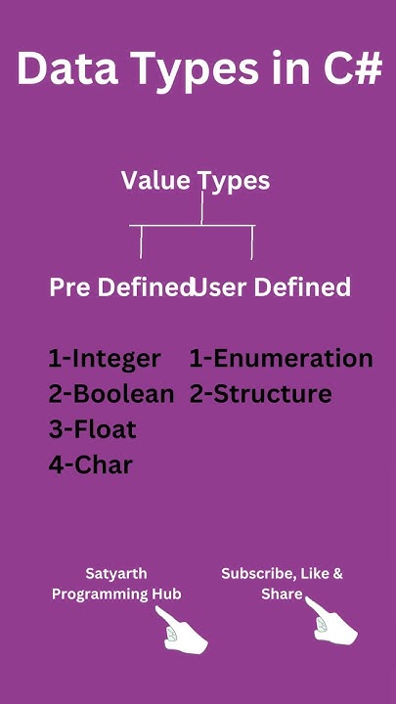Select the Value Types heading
point(196,180)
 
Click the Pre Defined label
point(119,287)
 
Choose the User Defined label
point(274,287)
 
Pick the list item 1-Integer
point(104,359)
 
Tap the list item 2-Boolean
point(110,394)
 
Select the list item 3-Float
point(92,429)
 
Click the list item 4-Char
point(90,464)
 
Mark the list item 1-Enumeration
point(281,359)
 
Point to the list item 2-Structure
point(260,394)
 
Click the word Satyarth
point(115,574)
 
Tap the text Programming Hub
point(115,594)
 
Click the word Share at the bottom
point(281,594)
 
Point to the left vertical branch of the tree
point(141,242)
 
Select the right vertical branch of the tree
point(253,242)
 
